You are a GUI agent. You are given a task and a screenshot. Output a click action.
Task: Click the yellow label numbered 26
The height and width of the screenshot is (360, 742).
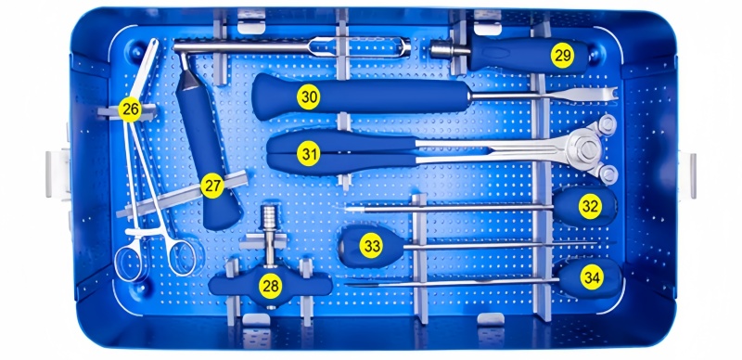pyautogui.click(x=130, y=109)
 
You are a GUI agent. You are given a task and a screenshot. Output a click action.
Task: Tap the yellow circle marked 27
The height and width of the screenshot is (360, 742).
pyautogui.click(x=212, y=186)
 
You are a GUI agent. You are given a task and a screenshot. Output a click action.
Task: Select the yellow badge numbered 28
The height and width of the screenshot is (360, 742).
pyautogui.click(x=271, y=286)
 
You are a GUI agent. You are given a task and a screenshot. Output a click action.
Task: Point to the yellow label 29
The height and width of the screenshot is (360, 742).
pyautogui.click(x=562, y=56)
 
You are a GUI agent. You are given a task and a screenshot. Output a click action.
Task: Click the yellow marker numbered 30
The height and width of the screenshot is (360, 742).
pyautogui.click(x=309, y=97)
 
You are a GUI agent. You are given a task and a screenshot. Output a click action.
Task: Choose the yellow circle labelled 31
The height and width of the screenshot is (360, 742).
pyautogui.click(x=309, y=154)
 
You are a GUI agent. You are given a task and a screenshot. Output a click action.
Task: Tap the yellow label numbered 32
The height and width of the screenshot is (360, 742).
pyautogui.click(x=590, y=207)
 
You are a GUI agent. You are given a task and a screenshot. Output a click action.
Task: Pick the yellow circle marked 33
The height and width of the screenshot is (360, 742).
pyautogui.click(x=371, y=246)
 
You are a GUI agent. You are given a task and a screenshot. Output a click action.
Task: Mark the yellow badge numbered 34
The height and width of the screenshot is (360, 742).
pyautogui.click(x=592, y=278)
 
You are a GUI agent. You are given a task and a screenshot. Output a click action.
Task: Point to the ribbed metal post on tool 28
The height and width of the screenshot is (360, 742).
pyautogui.click(x=270, y=218)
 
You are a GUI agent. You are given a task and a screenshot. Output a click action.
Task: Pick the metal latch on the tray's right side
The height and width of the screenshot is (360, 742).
pyautogui.click(x=687, y=174)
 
